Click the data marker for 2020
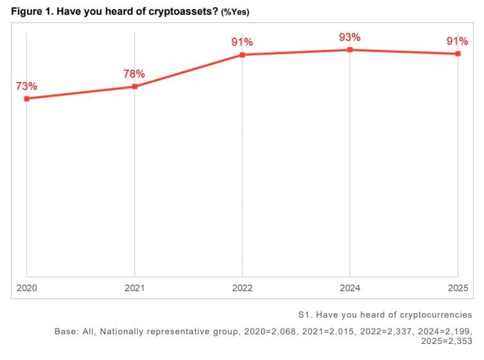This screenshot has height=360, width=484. click(26, 98)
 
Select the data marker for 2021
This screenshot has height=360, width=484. click(135, 86)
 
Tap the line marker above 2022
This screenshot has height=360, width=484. click(242, 55)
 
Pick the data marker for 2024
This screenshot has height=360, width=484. click(350, 49)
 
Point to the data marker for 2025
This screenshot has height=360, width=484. click(458, 53)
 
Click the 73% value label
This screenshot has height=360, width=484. click(26, 85)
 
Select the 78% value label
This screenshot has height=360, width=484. click(134, 74)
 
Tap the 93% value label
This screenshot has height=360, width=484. click(349, 37)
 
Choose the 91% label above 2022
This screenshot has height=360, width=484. click(242, 42)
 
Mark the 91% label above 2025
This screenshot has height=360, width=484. click(457, 41)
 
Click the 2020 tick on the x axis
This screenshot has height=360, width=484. click(26, 288)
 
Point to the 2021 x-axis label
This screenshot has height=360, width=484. click(135, 288)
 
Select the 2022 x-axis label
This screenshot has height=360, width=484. click(242, 288)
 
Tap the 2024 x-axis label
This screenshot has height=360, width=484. click(350, 288)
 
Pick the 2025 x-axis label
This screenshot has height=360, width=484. click(458, 288)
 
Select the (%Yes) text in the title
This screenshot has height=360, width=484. click(235, 13)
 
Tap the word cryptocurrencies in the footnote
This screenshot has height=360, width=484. click(436, 315)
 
